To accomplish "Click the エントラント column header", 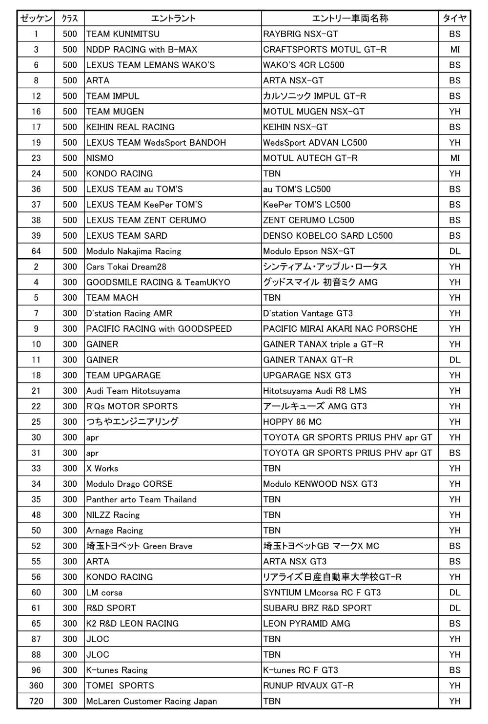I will tap(173, 19).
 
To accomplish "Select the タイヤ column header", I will tap(454, 19).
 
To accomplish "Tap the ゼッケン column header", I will tap(36, 19).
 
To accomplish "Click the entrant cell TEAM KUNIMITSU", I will tap(123, 34).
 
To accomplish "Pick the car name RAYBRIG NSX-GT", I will tap(301, 34).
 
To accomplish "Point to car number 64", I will tap(36, 251).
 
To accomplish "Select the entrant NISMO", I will tap(100, 158).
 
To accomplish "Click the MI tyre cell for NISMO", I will tap(455, 158).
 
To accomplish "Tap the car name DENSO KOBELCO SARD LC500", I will tap(328, 236).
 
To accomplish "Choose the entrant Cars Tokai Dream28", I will tap(126, 267).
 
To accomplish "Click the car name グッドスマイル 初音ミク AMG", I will tap(321, 282).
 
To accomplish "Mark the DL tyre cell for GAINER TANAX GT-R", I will tap(455, 360).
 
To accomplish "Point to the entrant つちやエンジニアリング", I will tap(132, 422).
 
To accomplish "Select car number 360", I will tap(36, 686).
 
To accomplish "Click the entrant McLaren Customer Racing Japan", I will tap(152, 701).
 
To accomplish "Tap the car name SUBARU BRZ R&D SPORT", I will tap(317, 608).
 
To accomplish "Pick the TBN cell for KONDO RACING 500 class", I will tap(272, 174).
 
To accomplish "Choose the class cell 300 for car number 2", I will tap(70, 267).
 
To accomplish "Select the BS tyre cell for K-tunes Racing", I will tap(455, 670).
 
